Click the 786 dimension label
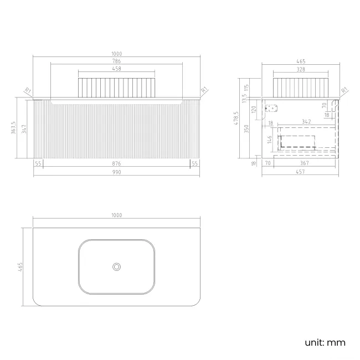[x=116, y=61]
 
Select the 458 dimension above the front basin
[x=116, y=69]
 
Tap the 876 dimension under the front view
[x=116, y=163]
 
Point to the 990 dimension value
[x=116, y=172]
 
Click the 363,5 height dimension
[x=13, y=127]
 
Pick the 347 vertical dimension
[x=24, y=129]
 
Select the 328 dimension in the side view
[x=301, y=69]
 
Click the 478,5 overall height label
[x=236, y=118]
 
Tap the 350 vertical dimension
[x=246, y=128]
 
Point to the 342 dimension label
[x=306, y=121]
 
